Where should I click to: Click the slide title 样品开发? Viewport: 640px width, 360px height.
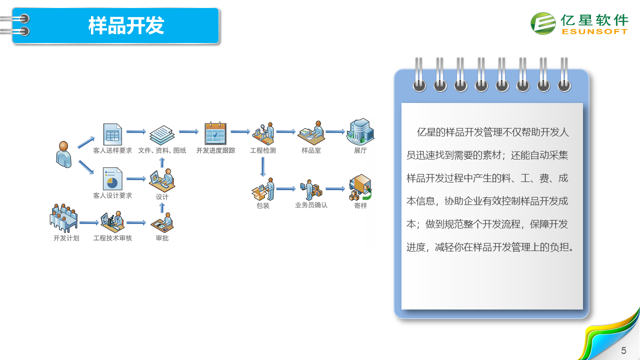126,25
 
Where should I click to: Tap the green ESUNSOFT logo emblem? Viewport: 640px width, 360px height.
543,23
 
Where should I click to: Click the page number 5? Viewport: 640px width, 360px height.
623,350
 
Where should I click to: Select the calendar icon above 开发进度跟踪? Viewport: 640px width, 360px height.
215,133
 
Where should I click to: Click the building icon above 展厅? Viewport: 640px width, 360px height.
360,131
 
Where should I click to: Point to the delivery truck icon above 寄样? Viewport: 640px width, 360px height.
360,187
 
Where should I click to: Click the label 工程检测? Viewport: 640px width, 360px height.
263,150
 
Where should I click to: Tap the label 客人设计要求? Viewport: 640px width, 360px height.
112,195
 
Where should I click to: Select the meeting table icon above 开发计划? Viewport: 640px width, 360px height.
63,217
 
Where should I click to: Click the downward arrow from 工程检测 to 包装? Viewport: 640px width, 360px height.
263,167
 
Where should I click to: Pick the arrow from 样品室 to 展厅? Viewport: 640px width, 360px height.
335,131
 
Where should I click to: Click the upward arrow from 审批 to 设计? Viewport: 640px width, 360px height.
162,207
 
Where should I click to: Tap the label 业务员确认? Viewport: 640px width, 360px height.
311,205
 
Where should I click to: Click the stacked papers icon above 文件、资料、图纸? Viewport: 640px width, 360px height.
162,135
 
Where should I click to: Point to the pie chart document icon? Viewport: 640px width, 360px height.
112,179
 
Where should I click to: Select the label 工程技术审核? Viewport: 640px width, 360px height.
112,238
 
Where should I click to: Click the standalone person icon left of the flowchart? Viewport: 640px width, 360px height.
63,154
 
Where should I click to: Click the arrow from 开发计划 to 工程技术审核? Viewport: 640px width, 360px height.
89,222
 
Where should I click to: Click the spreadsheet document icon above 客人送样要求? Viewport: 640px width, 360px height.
112,134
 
